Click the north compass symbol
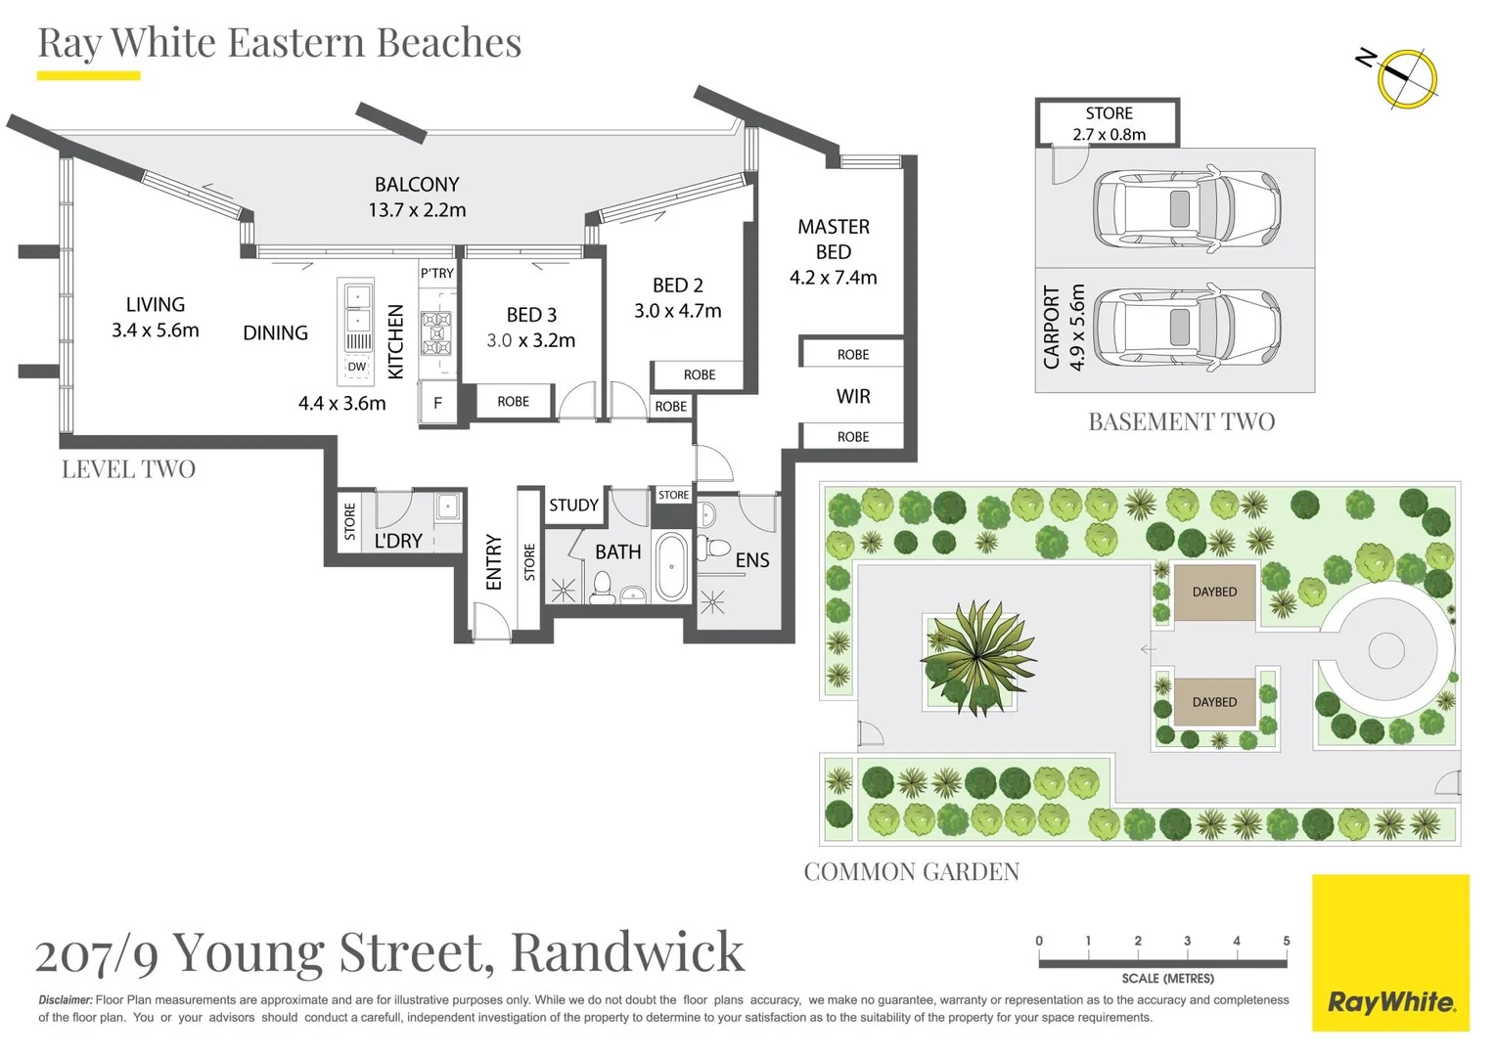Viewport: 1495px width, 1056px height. [x=1406, y=77]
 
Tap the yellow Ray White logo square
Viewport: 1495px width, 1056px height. [x=1389, y=952]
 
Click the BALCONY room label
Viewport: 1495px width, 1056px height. [x=417, y=185]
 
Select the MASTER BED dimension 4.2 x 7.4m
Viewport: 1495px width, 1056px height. [x=833, y=278]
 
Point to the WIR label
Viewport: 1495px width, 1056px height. [x=852, y=396]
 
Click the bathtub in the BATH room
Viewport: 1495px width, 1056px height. [x=671, y=566]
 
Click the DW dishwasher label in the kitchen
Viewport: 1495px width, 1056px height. [x=356, y=367]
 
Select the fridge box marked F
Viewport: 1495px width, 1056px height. [x=437, y=402]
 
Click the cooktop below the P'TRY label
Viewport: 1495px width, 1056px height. [x=436, y=332]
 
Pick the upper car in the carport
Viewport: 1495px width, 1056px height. [x=1185, y=209]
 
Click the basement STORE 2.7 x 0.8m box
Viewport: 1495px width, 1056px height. [x=1108, y=123]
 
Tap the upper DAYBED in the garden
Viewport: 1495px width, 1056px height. [x=1213, y=592]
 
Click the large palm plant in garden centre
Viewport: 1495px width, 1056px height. [x=976, y=656]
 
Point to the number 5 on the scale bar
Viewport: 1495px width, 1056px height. [x=1286, y=941]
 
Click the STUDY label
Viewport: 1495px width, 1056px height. [x=572, y=506]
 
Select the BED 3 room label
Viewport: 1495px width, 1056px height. [x=531, y=315]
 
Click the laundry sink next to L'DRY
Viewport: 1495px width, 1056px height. [x=447, y=506]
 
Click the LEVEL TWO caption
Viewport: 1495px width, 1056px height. [x=128, y=469]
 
